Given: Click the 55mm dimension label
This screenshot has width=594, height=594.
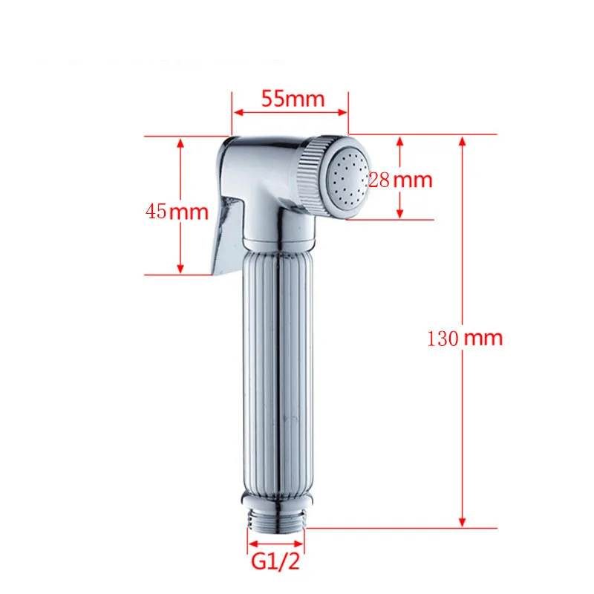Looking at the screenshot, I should click(x=293, y=99).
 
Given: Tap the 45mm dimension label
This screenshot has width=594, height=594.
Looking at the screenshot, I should click(x=177, y=212).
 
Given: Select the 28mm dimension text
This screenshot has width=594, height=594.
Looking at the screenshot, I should click(x=401, y=179).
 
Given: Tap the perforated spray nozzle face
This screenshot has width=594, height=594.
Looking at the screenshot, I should click(x=347, y=179).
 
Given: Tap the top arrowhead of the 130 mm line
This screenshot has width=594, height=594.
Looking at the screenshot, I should click(x=462, y=141).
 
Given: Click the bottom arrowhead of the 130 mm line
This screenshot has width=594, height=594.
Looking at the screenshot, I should click(x=462, y=522).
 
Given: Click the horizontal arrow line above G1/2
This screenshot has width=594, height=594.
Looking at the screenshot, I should click(x=275, y=541).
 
